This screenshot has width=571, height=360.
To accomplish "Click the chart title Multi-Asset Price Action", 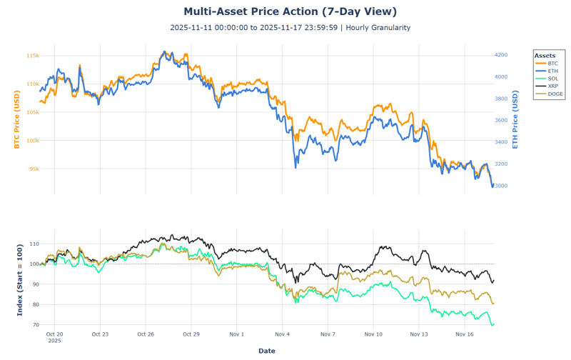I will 290,11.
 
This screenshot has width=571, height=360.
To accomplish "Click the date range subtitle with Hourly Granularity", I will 290,28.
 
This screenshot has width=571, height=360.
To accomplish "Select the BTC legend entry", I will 553,64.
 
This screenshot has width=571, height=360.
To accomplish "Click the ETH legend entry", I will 553,71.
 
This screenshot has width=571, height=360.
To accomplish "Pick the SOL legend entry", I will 553,79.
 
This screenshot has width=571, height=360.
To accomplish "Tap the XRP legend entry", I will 553,86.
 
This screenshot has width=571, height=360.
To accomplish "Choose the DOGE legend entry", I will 555,94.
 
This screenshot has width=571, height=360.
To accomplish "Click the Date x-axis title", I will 266,351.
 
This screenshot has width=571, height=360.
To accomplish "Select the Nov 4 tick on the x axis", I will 282,334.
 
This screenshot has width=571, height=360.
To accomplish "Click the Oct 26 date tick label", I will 146,334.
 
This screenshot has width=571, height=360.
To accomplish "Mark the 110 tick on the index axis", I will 34,244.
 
